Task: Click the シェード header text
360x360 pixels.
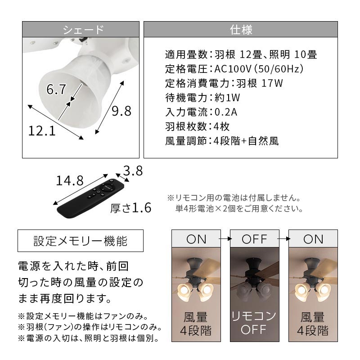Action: tap(83, 30)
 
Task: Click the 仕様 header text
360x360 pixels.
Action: tap(241, 30)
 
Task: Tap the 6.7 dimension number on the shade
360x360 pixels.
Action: tap(56, 89)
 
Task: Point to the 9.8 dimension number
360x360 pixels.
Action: tap(121, 111)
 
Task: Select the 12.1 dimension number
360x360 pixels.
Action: tap(42, 131)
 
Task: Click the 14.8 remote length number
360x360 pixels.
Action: tap(70, 180)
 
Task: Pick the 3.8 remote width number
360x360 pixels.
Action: tap(133, 171)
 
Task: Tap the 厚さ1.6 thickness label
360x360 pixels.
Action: tap(130, 208)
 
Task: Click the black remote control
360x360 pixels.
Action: tap(90, 198)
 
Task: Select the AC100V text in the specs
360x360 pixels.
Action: tap(233, 69)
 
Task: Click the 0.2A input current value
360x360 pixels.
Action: tap(226, 112)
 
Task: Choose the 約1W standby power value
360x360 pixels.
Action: tap(227, 98)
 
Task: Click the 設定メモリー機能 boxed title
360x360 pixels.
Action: tap(81, 241)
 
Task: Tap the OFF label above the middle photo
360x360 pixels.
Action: tap(254, 239)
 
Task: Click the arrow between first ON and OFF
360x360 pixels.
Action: tap(225, 239)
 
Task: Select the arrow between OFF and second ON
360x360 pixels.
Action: tap(284, 239)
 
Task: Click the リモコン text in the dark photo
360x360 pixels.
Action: tap(254, 316)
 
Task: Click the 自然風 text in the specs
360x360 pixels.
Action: tap(264, 141)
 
